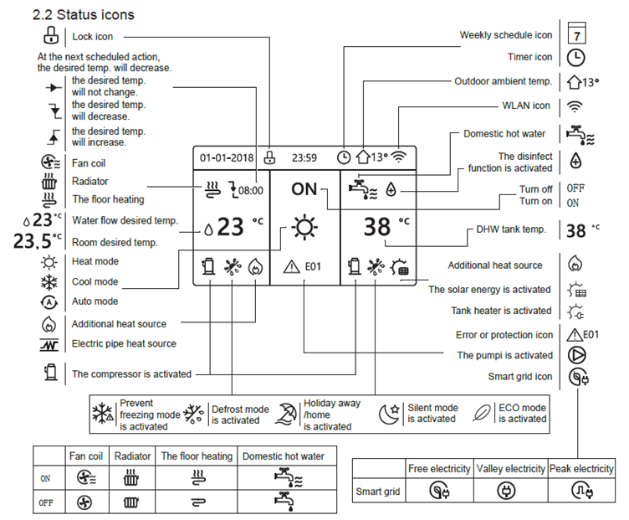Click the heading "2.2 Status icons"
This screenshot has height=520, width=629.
click(83, 15)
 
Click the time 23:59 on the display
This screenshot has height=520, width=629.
click(304, 157)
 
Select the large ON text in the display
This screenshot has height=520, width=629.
click(304, 189)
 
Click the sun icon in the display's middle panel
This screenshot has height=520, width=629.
click(304, 227)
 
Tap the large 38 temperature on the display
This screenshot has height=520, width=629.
click(379, 227)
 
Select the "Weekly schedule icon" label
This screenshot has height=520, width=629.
click(506, 35)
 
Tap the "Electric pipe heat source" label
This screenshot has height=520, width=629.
click(124, 343)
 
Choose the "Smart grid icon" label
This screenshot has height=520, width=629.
click(519, 377)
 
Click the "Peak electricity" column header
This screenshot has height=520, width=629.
click(581, 469)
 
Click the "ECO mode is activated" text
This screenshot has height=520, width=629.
click(522, 414)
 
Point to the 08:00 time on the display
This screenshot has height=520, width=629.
click(249, 190)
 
